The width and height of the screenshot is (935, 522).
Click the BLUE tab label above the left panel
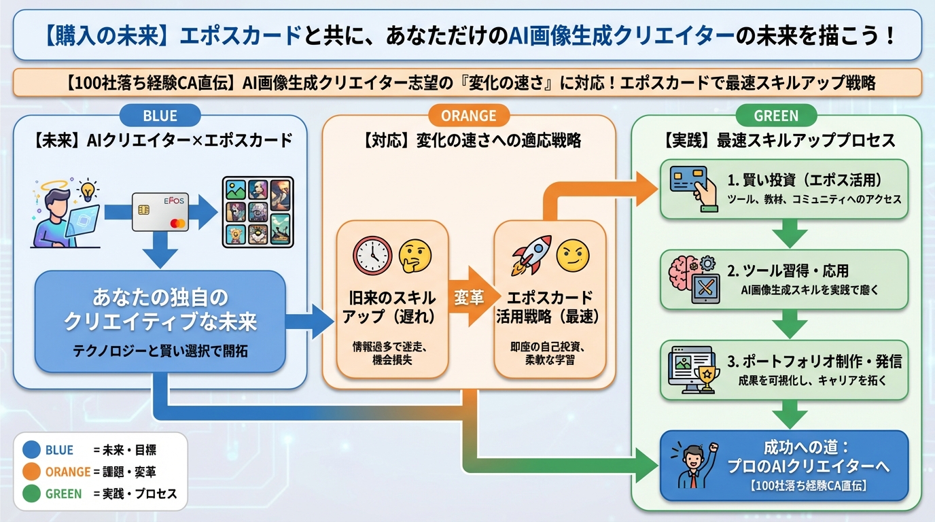click(x=160, y=116)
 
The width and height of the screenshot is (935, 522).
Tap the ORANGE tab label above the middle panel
click(x=468, y=116)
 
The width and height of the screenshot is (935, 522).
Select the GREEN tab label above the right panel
click(x=776, y=116)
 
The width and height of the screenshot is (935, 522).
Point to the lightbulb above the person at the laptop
click(x=87, y=189)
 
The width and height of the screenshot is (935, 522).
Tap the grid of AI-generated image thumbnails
click(x=258, y=211)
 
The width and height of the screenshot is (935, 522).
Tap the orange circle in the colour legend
click(x=31, y=471)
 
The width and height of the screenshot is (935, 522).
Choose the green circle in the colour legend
click(x=31, y=493)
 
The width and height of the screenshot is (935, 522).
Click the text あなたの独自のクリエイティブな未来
click(x=160, y=309)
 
